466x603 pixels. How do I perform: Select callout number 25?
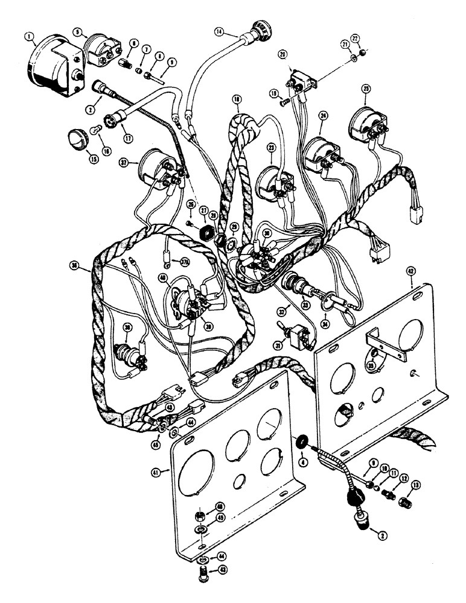[366, 89]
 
